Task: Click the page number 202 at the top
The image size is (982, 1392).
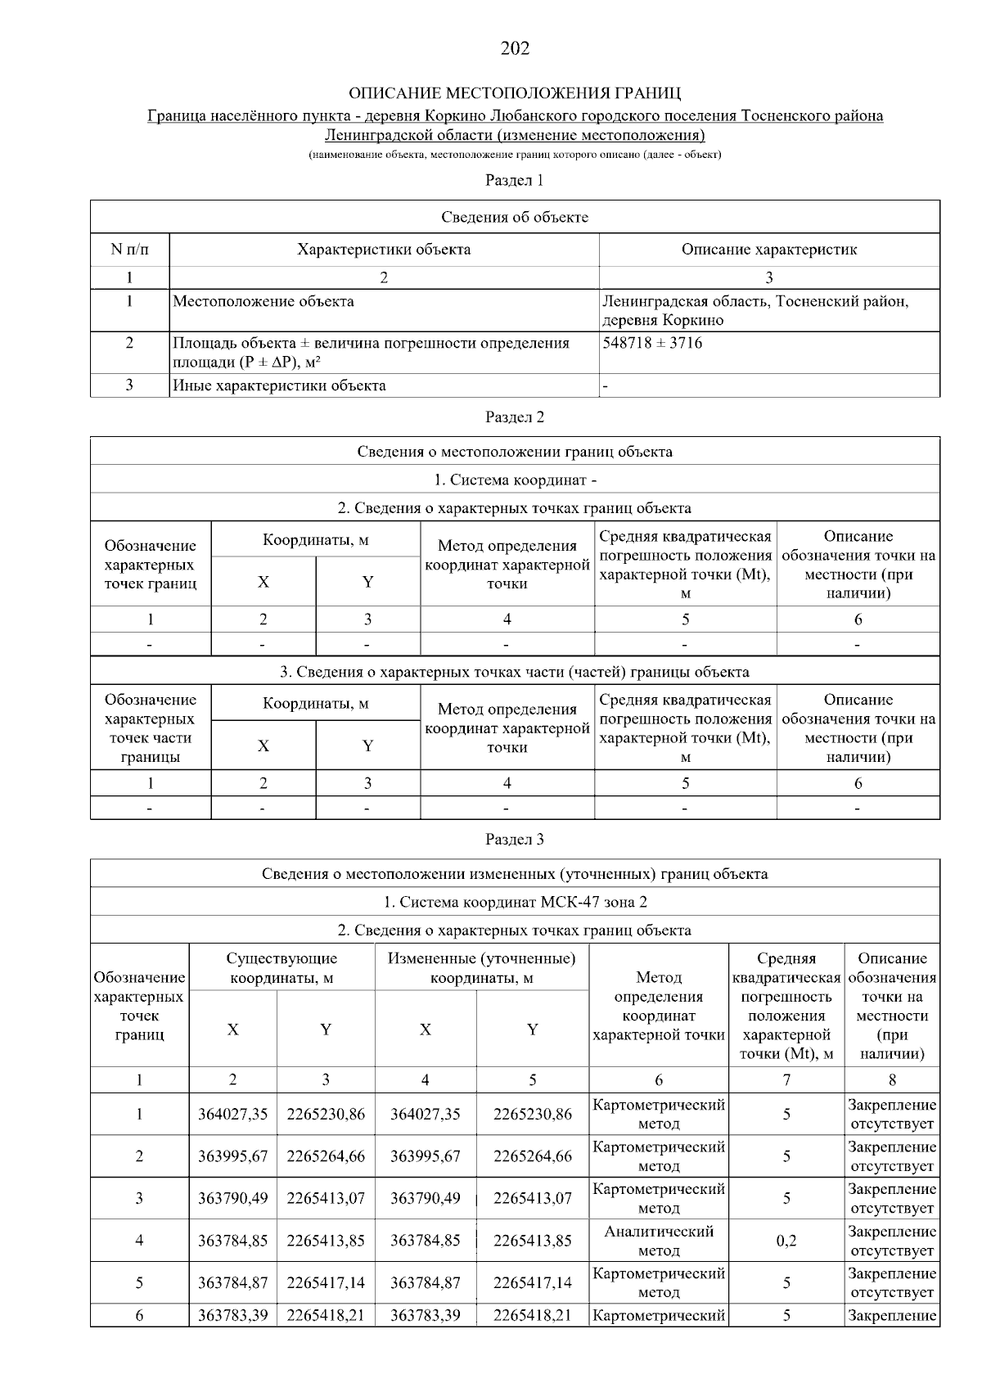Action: coord(515,48)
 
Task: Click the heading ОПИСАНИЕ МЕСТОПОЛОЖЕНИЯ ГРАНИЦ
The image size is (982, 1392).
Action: coord(515,92)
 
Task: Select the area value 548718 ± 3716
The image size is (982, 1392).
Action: coord(652,343)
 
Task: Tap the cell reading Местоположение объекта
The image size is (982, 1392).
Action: coord(264,301)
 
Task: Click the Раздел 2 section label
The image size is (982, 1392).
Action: coord(515,417)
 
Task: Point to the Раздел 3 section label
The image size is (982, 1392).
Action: coord(515,840)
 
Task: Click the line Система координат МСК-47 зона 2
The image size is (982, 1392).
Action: coord(515,902)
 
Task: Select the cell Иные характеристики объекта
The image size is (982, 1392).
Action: coord(279,385)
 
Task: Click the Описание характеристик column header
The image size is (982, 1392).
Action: coord(768,250)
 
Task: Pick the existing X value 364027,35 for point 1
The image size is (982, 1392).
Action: coord(232,1114)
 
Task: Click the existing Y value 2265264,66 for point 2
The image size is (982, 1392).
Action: coord(326,1156)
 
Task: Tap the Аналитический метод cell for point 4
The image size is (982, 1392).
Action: coord(659,1241)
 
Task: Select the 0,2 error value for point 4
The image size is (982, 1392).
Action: coord(786,1241)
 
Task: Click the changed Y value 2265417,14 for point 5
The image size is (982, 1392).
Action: coord(533,1282)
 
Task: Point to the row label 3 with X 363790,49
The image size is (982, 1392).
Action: coord(139,1198)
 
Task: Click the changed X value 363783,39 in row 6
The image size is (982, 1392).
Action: coord(425,1316)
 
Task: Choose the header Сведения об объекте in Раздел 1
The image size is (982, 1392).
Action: coord(515,217)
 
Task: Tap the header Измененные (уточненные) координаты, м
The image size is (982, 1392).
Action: coord(482,968)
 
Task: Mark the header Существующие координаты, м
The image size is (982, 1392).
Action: coord(282,968)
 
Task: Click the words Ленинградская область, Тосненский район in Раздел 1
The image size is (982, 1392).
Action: coord(755,301)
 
